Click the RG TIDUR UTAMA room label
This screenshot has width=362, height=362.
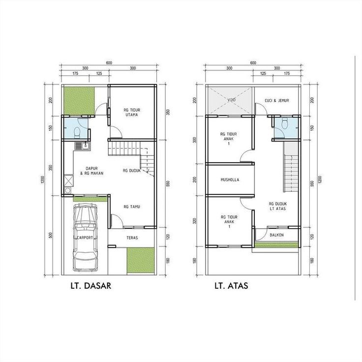(x=132, y=112)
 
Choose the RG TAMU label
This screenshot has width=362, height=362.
(x=132, y=207)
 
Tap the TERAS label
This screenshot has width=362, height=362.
(x=132, y=238)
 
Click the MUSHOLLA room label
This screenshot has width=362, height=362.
(x=230, y=180)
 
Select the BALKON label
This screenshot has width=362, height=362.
(x=276, y=235)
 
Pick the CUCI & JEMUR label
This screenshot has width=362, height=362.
(x=276, y=101)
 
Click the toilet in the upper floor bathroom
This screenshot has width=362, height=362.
(x=283, y=125)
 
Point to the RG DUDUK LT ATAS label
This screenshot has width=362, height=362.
(x=278, y=206)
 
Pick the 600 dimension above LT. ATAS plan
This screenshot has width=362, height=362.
(x=253, y=63)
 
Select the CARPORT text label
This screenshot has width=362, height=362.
(x=85, y=238)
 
